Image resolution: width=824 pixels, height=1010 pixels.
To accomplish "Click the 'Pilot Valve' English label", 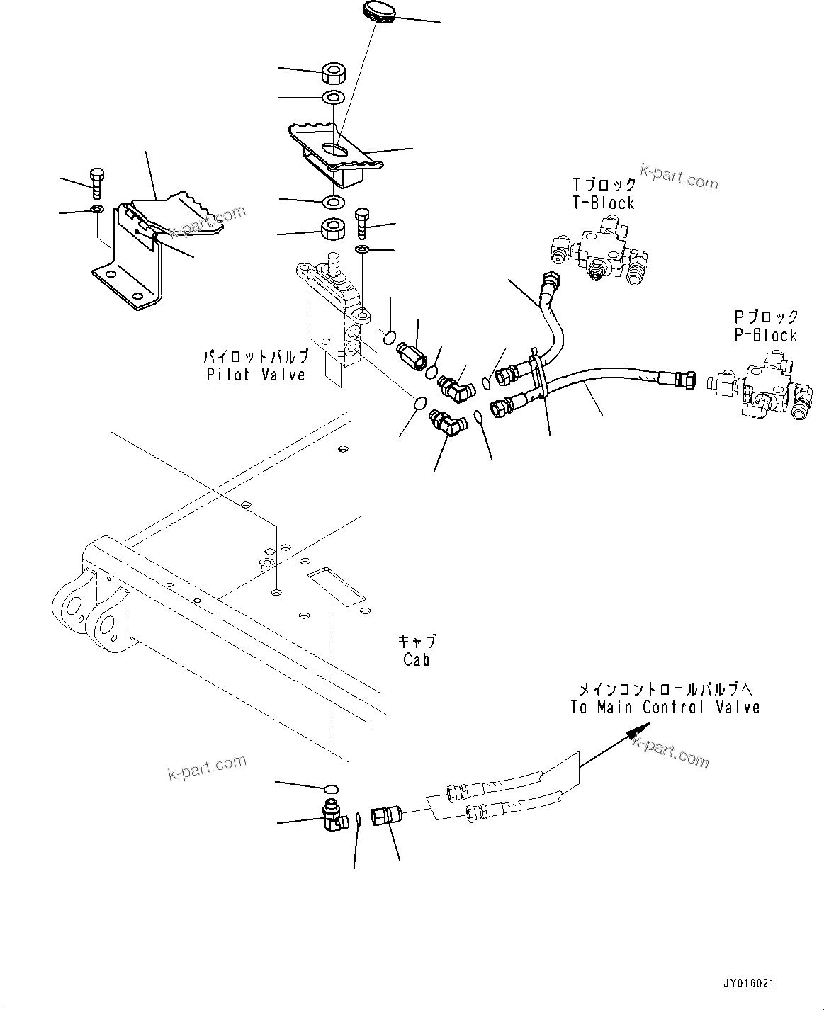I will pos(256,375).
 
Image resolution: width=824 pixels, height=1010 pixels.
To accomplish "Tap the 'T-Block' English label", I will pos(604,203).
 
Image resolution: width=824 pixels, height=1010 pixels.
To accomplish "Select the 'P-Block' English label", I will pos(765,335).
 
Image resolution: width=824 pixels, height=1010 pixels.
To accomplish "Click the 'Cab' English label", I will pos(417,659).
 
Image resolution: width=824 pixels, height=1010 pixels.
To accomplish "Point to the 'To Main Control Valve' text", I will pos(665,707).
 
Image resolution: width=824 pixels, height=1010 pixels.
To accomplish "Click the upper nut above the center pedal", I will pos(333,73).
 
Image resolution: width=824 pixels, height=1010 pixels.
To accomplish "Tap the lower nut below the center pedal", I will pos(333,228).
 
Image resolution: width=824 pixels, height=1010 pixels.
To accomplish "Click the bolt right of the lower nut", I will pos(362,222).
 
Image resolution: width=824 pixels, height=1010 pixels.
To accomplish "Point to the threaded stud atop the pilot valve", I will pos(331,266).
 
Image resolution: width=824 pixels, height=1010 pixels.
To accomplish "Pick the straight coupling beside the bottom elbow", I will pos(388,820).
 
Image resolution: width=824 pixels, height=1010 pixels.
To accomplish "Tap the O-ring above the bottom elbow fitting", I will pos(331,788).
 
